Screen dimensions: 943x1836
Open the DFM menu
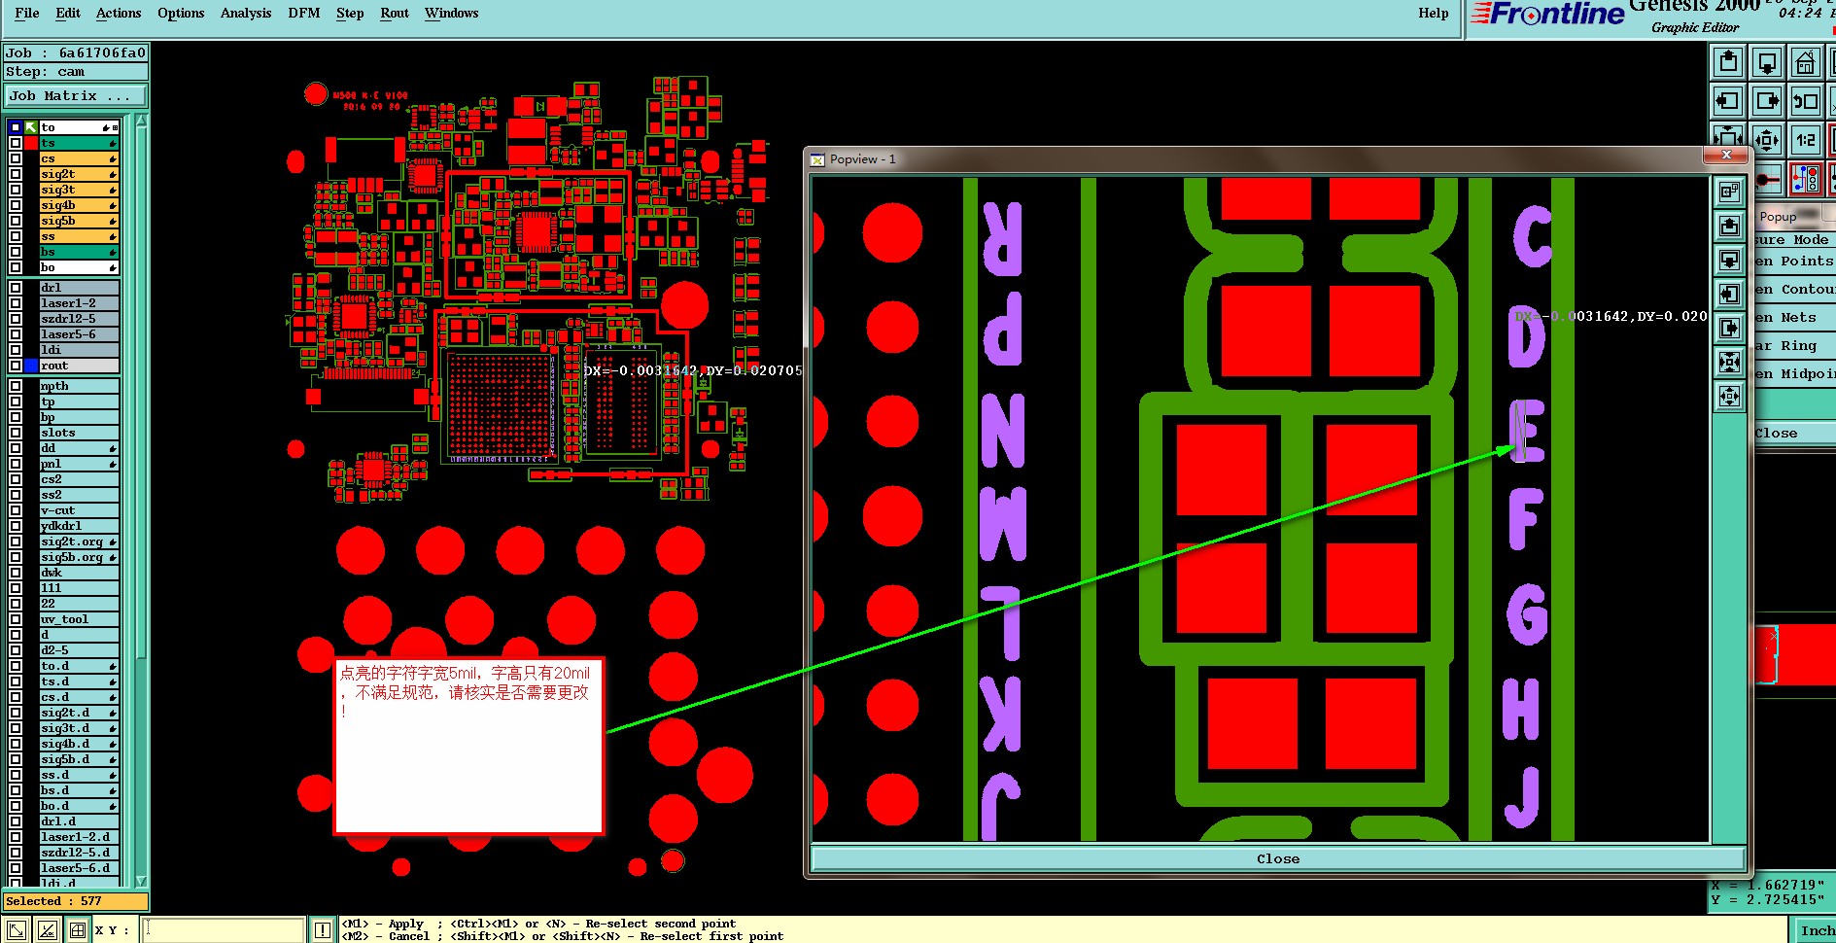303,13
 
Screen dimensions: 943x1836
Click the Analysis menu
245,13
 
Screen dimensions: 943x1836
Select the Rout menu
394,13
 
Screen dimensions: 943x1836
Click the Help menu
1433,13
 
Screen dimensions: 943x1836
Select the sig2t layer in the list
58,174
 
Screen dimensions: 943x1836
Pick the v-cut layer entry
58,510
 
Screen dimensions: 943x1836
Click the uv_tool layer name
64,619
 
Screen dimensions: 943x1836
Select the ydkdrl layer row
61,526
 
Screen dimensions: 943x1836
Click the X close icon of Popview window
1725,156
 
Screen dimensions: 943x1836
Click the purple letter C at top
1533,236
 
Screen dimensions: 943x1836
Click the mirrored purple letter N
1003,431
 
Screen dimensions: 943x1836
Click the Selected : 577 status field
76,901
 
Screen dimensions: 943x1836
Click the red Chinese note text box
468,744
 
